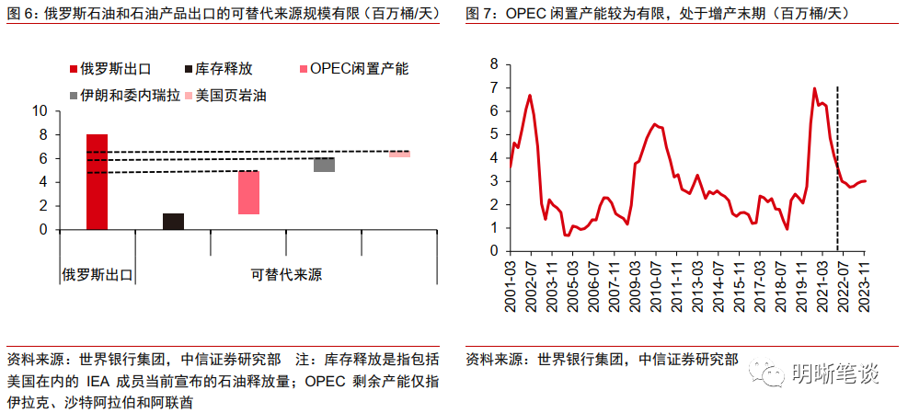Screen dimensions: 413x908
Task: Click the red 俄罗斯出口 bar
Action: [x=97, y=181]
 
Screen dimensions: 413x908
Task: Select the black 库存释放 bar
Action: [x=173, y=221]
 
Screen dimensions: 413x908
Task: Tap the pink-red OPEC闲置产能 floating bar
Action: [x=248, y=192]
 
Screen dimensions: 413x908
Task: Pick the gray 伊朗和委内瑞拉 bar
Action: [x=324, y=165]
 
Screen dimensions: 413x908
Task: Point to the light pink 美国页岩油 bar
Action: [x=399, y=155]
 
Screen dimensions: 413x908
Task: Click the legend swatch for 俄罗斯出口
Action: [x=73, y=69]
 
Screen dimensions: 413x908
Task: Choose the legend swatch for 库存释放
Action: [x=189, y=69]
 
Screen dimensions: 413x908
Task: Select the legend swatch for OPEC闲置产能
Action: [x=304, y=69]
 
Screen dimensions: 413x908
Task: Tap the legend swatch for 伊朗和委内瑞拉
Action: [x=73, y=95]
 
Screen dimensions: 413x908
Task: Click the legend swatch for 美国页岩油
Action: [x=189, y=95]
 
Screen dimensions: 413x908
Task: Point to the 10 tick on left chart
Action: [x=40, y=110]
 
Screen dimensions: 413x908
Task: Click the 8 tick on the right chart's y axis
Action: [x=494, y=63]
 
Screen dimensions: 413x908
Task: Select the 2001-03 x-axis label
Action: [x=511, y=286]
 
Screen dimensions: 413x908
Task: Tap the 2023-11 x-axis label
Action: [x=864, y=286]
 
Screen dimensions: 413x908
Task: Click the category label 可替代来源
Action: [x=280, y=274]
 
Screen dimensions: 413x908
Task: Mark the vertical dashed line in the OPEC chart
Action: [x=837, y=166]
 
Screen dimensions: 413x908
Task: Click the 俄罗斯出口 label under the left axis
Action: [x=98, y=274]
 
